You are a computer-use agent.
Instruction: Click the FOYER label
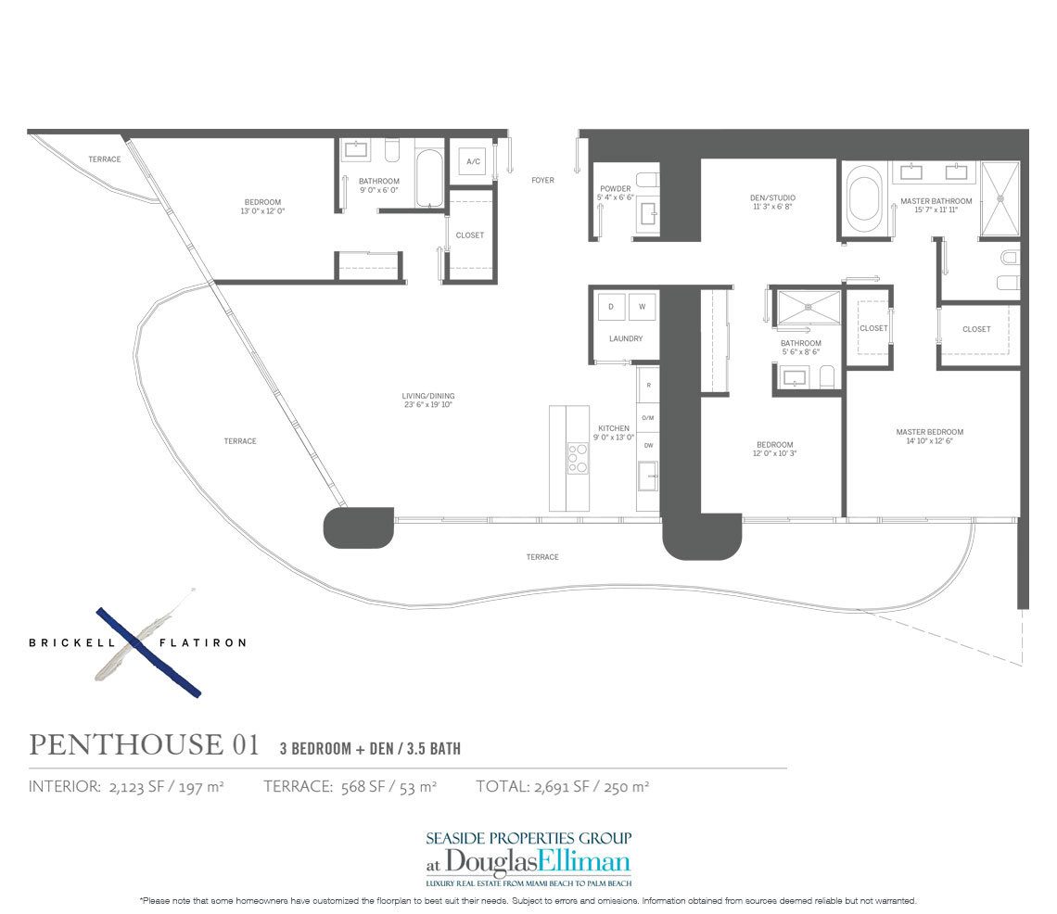tap(542, 181)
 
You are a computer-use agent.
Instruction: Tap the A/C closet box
tap(473, 163)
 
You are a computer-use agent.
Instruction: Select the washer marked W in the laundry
tap(642, 306)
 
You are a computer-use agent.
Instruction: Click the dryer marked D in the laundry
tap(611, 306)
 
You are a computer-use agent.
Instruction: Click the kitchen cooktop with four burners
tap(578, 459)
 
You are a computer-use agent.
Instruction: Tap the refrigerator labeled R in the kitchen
tap(648, 384)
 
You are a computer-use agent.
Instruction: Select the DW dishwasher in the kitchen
tap(648, 446)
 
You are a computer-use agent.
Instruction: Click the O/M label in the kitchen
tap(648, 418)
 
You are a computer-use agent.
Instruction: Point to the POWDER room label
tap(615, 190)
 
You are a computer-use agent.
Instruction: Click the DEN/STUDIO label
tap(772, 198)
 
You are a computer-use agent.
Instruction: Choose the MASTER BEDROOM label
tap(929, 432)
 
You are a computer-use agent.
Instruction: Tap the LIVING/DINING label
tap(427, 397)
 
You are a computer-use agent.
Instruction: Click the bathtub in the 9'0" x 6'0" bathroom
tap(429, 178)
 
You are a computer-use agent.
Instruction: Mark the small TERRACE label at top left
tap(104, 159)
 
